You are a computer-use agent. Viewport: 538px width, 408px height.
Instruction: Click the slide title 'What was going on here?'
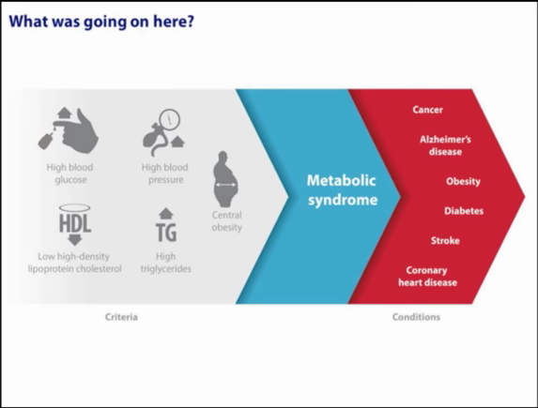tap(101, 22)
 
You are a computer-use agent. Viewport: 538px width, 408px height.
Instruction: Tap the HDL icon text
tap(75, 223)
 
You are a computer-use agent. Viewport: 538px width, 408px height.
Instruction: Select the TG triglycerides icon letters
tap(166, 233)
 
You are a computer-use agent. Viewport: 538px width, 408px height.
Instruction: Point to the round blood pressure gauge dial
tap(170, 119)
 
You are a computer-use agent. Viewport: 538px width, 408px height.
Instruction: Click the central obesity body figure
tap(225, 179)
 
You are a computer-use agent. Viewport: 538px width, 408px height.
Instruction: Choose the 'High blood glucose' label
tap(70, 174)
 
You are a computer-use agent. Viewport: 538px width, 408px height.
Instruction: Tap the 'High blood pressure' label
tap(165, 174)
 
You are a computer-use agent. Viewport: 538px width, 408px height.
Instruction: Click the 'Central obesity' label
tap(227, 221)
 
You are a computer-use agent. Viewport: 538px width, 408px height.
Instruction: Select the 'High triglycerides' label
tap(166, 263)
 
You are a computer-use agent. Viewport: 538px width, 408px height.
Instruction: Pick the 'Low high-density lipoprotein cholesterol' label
tap(74, 263)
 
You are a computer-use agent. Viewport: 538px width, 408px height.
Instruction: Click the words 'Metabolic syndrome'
tap(342, 190)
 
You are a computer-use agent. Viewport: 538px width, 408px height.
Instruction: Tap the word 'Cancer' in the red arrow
tap(427, 110)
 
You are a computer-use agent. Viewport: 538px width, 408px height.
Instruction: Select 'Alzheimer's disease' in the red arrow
tap(445, 145)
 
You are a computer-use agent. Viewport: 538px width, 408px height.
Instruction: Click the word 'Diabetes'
tap(464, 211)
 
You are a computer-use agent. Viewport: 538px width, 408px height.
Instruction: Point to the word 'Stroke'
tap(445, 241)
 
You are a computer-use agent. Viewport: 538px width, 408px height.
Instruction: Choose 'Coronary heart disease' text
tap(427, 277)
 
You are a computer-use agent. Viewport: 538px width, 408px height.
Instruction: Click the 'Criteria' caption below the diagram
tap(121, 317)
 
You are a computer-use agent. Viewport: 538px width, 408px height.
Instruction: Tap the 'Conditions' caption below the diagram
tap(416, 317)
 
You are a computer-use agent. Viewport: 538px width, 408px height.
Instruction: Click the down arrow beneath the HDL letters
tap(75, 240)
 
